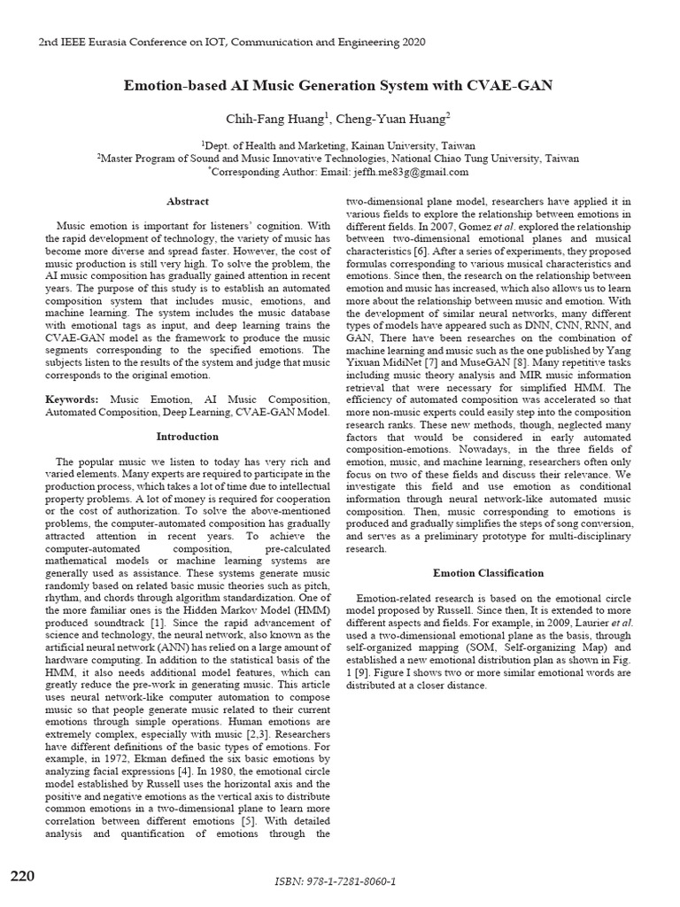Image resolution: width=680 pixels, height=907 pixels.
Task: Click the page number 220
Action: [x=22, y=876]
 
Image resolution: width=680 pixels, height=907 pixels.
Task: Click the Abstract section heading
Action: [x=188, y=201]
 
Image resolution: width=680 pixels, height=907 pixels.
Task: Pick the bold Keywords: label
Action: [x=72, y=401]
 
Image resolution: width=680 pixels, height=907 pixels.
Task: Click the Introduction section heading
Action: [x=188, y=436]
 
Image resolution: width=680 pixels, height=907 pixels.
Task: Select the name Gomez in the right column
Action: [x=458, y=226]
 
